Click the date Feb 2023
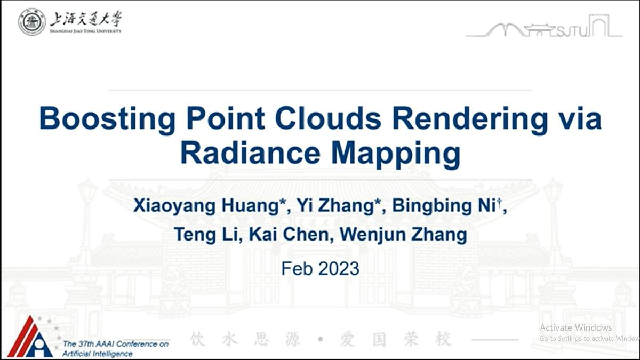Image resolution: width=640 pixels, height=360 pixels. tap(320, 268)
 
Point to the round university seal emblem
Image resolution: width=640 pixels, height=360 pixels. tap(31, 22)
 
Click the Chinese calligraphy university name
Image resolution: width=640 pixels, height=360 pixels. tap(85, 20)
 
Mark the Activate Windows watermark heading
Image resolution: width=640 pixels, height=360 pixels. tap(575, 327)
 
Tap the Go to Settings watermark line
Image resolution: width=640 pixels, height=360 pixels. tap(589, 339)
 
